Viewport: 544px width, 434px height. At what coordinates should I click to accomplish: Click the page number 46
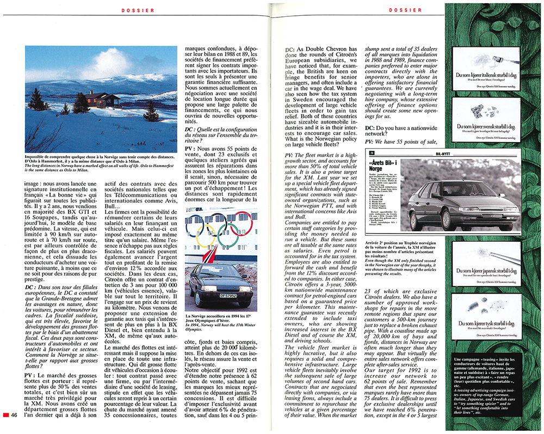point(15,415)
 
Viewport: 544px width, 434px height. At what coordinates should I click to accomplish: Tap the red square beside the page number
point(6,415)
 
